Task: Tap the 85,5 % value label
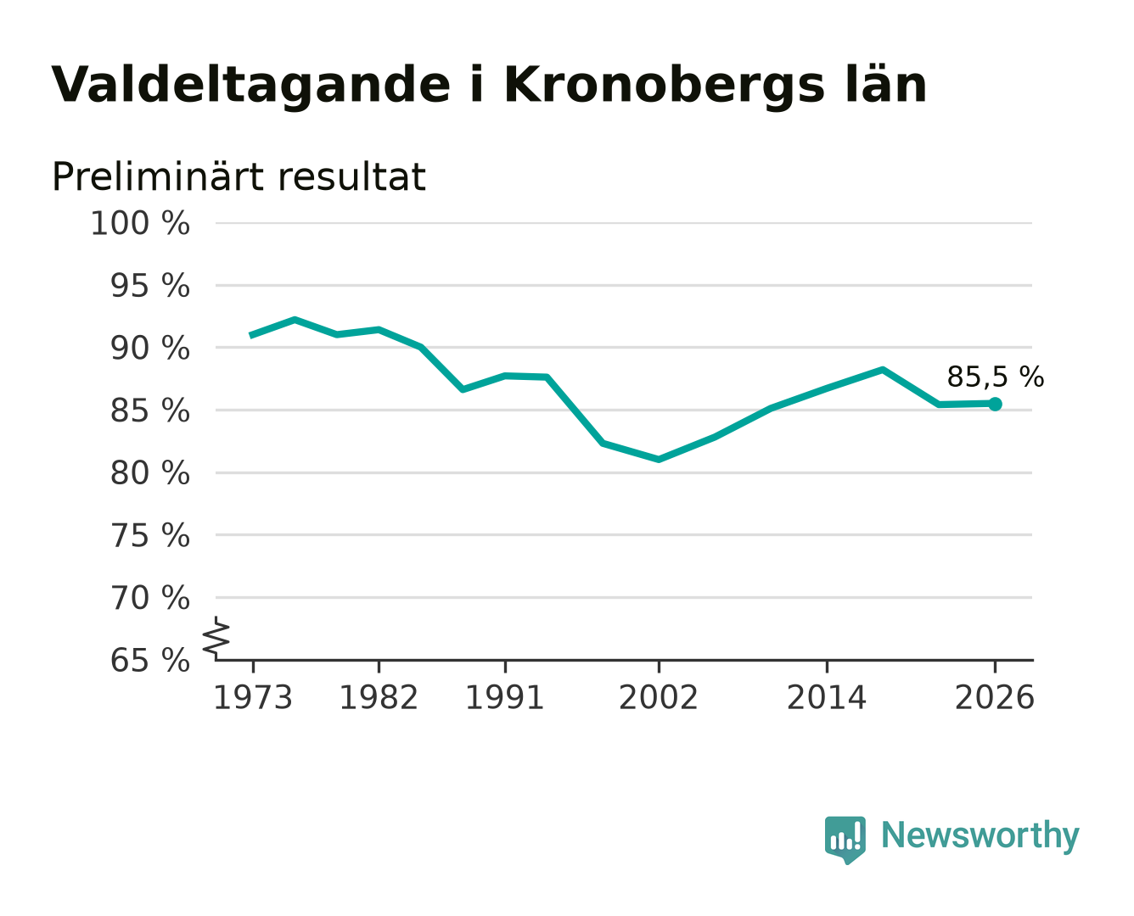(995, 377)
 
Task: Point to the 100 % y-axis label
(140, 223)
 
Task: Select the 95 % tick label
(149, 286)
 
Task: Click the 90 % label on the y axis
(149, 349)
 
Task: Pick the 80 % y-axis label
(149, 473)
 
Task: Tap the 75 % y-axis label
(149, 535)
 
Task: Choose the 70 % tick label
(149, 598)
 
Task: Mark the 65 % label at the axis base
(149, 660)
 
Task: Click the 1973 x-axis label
(253, 697)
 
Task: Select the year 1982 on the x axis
(379, 697)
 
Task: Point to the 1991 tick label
(505, 697)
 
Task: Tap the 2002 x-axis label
(659, 697)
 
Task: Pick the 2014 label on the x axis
(826, 697)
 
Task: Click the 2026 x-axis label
(995, 697)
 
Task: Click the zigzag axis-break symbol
(216, 639)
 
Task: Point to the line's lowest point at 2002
(659, 459)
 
